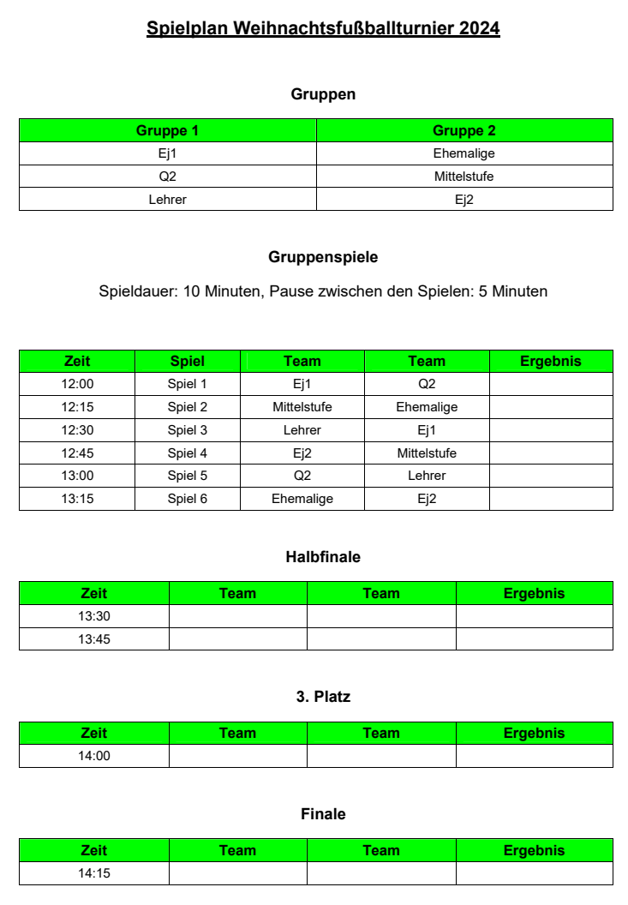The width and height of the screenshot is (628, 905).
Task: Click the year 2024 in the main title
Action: coord(479,28)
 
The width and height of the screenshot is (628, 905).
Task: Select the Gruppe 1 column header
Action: coord(167,131)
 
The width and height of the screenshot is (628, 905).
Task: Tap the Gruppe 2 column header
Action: coord(464,131)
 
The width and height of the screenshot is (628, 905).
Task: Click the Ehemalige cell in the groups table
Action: coord(464,154)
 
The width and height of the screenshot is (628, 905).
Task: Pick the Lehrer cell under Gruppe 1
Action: coord(167,200)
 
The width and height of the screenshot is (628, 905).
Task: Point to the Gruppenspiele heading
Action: coord(323,257)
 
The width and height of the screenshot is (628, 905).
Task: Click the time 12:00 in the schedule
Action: coord(77,384)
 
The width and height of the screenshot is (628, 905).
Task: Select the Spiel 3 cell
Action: coord(188,430)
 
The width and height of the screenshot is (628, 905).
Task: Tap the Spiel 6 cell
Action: coord(188,499)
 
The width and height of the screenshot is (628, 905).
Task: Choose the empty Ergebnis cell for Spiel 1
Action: coord(551,384)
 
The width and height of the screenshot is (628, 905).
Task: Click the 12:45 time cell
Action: coord(77,453)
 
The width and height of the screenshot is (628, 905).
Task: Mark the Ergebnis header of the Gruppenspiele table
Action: coord(551,361)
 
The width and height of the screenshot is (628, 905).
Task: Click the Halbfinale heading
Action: coord(323,557)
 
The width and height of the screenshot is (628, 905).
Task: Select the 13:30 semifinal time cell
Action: coord(94,616)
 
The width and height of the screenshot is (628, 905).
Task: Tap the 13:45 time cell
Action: coord(94,639)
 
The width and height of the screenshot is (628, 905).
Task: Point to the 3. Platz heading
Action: coord(323,698)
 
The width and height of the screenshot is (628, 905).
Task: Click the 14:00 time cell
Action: coord(94,756)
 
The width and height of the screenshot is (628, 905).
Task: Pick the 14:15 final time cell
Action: coord(94,873)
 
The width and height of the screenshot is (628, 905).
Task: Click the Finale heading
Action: coord(323,814)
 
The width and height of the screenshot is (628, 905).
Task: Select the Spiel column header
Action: coord(188,361)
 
